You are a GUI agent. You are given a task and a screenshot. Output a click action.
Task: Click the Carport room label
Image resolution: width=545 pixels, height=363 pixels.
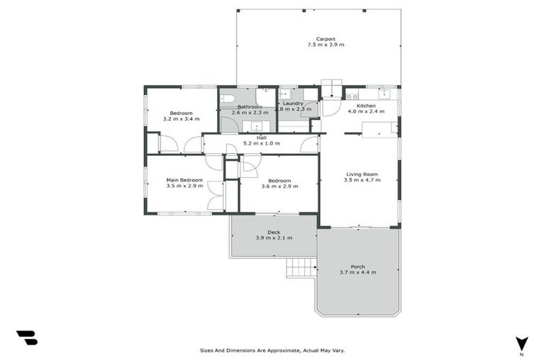[x=326, y=39]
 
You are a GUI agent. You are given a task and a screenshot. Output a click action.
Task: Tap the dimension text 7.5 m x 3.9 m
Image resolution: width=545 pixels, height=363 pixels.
[x=326, y=45]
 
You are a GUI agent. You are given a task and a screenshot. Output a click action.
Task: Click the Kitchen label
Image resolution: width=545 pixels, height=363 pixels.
[x=366, y=106]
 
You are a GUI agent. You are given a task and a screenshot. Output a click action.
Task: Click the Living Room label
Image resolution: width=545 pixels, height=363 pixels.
[x=362, y=174]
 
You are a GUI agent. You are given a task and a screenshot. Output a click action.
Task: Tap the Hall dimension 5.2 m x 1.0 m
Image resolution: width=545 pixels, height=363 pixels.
[x=261, y=144]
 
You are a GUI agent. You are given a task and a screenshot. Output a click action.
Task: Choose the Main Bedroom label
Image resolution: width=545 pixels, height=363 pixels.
[x=185, y=180]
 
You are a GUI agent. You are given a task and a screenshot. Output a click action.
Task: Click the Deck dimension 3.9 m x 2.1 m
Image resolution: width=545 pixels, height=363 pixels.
[x=273, y=238]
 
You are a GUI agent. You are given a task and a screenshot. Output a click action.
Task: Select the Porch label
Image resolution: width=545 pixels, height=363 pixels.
[x=358, y=267]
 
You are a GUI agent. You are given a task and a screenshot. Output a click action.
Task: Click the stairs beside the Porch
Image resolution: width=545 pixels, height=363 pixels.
[x=301, y=267]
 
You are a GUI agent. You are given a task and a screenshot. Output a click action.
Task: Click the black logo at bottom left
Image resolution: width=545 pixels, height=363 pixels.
[x=26, y=338]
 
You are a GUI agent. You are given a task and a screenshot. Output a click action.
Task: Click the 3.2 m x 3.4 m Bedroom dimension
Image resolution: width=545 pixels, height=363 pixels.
[x=181, y=119]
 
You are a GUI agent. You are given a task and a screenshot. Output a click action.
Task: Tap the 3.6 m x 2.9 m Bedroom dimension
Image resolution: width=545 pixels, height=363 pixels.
[x=280, y=186]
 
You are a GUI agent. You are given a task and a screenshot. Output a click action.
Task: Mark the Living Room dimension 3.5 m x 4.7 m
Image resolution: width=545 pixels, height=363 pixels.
[x=362, y=180]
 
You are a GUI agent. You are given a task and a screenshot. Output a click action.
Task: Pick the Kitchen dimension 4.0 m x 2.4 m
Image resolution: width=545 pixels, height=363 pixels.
[x=366, y=111]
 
